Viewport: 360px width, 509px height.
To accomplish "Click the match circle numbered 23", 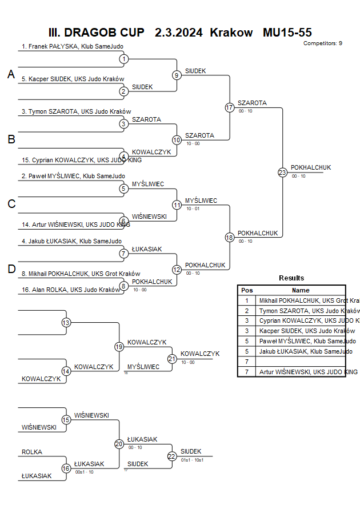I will (282, 172).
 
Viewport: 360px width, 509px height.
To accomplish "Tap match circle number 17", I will (230, 107).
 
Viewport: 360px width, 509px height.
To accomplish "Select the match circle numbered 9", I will (177, 75).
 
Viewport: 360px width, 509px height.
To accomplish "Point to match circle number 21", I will (172, 358).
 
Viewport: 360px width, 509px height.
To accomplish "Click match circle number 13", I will (66, 323).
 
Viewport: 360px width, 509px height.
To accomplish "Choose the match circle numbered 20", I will (119, 443).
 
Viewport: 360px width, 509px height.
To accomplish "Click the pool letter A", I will (11, 74).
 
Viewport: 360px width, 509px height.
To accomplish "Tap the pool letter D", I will (11, 270).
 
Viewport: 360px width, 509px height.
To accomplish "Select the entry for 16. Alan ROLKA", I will (71, 290).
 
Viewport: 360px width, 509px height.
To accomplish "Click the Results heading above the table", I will (291, 278).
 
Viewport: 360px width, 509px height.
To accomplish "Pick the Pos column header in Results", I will (247, 290).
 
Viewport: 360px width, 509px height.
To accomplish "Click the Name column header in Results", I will (301, 290).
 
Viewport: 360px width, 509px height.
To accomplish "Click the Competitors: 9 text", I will (323, 43).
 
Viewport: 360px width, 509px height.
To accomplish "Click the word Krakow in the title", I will (231, 33).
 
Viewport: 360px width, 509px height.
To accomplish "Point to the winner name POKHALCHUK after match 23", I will (310, 167).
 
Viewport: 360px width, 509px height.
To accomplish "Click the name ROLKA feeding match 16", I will (32, 452).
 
